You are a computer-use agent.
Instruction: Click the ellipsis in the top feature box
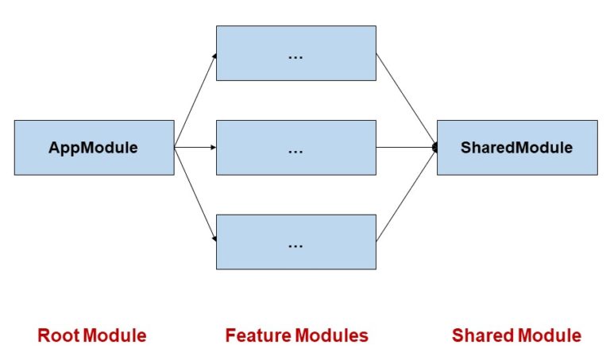point(295,56)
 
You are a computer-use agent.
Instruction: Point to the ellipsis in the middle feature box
point(295,150)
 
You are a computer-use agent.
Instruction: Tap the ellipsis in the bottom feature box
point(295,245)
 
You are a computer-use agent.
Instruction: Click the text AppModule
point(94,148)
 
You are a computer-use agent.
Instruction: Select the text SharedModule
point(516,148)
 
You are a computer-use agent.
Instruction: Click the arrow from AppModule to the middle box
point(195,147)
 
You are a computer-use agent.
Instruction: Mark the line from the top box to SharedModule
point(406,100)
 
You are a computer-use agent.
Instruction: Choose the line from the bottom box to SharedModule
point(406,195)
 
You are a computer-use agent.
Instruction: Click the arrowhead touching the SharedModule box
point(434,148)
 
